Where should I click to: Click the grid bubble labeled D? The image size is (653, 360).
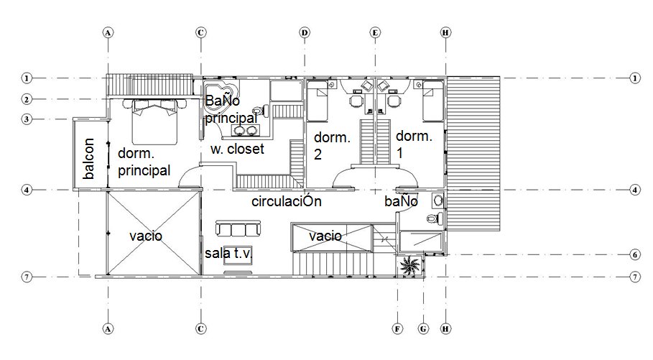(x=305, y=32)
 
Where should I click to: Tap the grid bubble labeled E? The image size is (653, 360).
(x=375, y=32)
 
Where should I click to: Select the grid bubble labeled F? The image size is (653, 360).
(x=398, y=329)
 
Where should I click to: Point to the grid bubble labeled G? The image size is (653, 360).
(x=423, y=329)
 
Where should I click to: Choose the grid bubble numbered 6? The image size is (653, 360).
(x=634, y=254)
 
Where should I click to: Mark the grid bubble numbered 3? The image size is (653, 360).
(x=27, y=119)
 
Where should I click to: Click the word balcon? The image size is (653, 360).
(x=88, y=158)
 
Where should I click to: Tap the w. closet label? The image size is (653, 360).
(x=237, y=149)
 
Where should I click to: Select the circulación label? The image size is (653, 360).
(x=287, y=201)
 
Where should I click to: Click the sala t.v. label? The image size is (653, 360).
(x=228, y=253)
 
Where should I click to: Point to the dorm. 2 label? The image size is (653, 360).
(x=332, y=146)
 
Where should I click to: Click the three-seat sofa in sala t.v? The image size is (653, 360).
(x=238, y=229)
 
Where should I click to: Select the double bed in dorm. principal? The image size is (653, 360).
(x=155, y=121)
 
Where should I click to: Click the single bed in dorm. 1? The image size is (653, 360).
(x=432, y=101)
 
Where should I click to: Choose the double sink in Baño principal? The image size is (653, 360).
(x=245, y=130)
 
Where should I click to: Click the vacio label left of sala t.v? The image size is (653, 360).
(x=146, y=236)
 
